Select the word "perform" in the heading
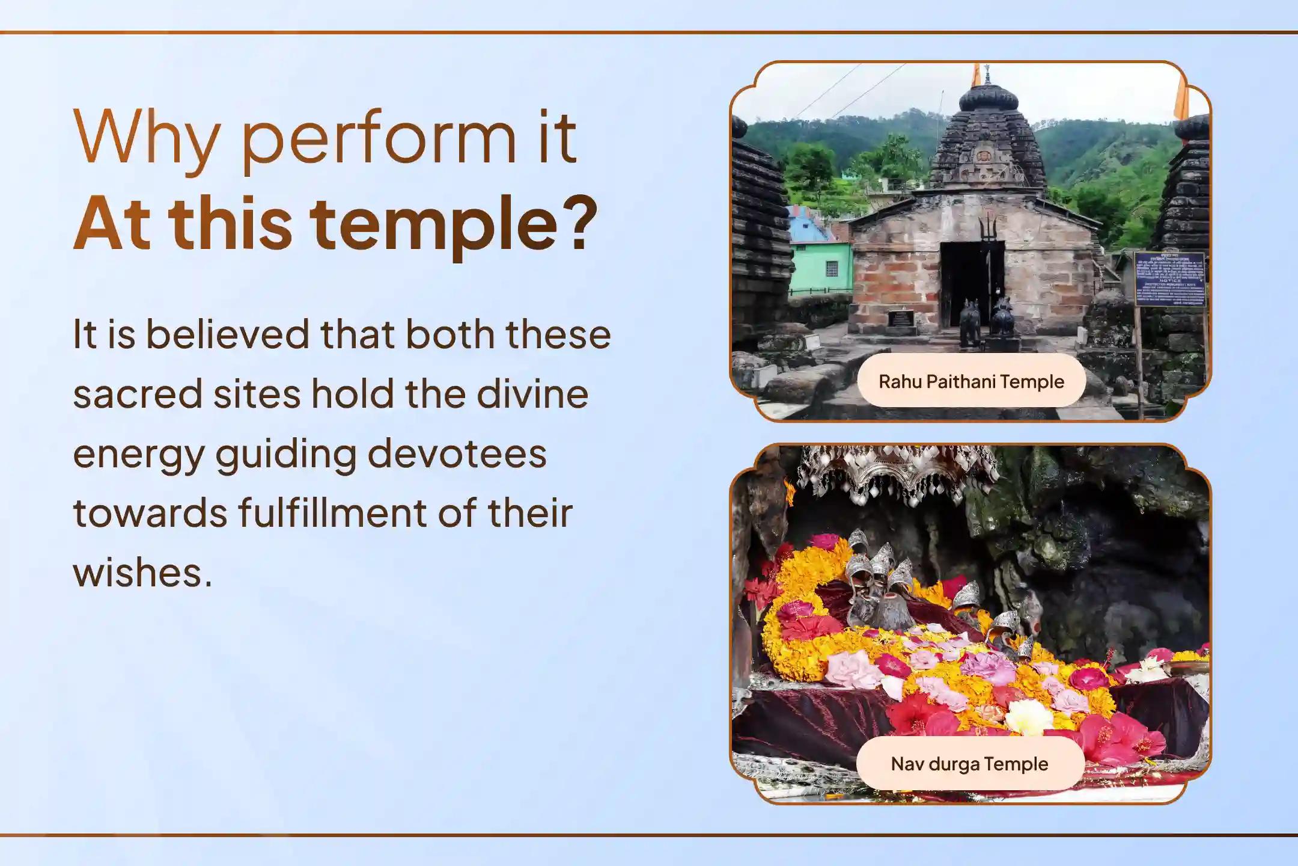tap(379, 141)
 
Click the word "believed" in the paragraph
tap(228, 334)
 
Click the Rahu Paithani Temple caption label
tap(971, 381)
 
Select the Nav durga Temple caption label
tap(969, 764)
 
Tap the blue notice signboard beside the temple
tap(1169, 278)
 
